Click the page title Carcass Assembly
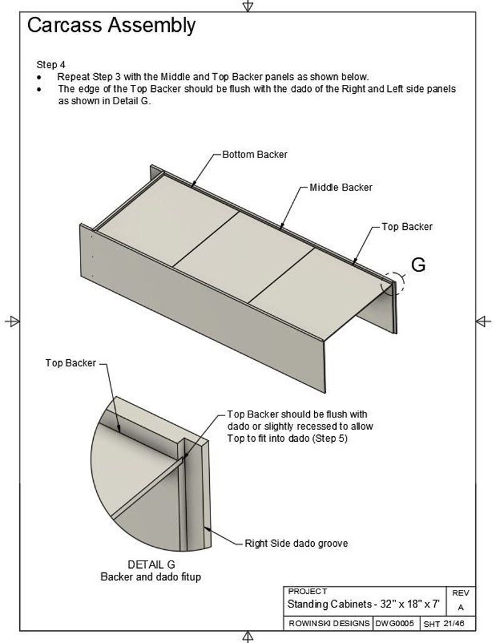point(111,26)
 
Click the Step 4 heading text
point(51,64)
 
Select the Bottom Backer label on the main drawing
point(255,154)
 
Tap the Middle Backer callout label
point(341,187)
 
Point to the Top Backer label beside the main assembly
point(407,227)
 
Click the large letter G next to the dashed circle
point(418,265)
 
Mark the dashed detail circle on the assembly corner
point(393,283)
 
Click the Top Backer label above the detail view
point(71,363)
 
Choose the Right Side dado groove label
point(296,544)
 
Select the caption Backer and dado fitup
point(151,577)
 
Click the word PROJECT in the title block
point(307,591)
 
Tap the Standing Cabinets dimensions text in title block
point(364,605)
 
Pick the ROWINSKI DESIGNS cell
point(329,624)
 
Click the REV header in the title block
point(461,593)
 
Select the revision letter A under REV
point(461,607)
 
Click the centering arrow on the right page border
point(483,321)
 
